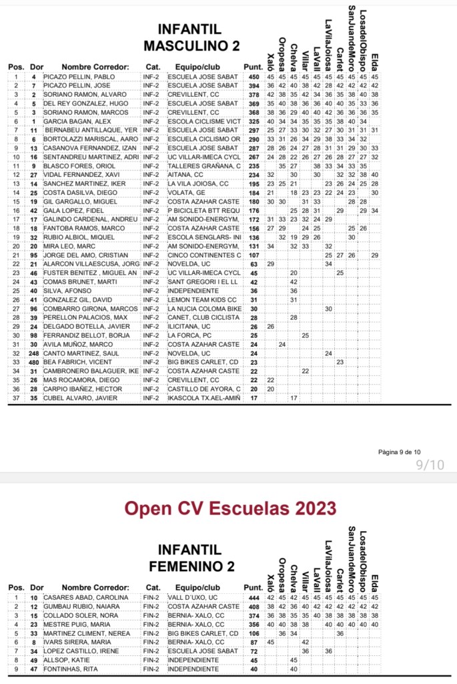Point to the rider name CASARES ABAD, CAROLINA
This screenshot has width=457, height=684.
point(85,597)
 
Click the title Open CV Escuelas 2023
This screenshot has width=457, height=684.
point(230,509)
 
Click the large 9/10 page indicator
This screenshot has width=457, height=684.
point(429,465)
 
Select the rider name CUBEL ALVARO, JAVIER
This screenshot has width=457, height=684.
point(81,398)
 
